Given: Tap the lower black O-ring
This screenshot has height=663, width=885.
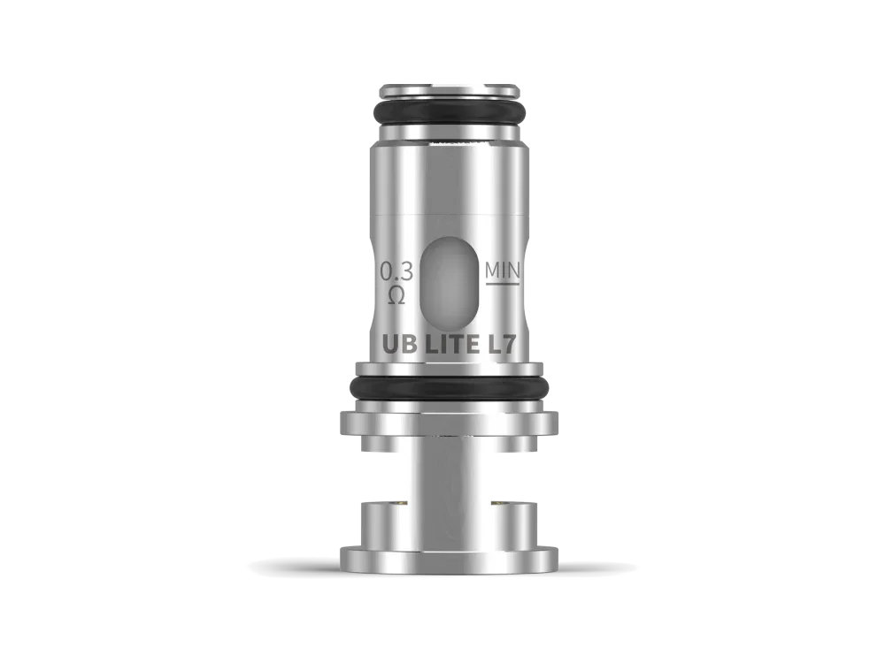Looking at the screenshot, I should [450, 389].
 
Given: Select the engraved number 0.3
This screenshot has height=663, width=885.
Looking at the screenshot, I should [396, 271].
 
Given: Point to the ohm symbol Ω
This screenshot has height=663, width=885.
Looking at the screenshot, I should [396, 294].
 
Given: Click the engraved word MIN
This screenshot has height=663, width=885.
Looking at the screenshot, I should [502, 269].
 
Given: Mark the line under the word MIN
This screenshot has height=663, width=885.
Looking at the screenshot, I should [502, 284].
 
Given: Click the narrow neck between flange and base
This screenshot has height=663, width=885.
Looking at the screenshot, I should [450, 469].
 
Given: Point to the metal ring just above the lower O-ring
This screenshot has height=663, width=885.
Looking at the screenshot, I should [450, 369].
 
